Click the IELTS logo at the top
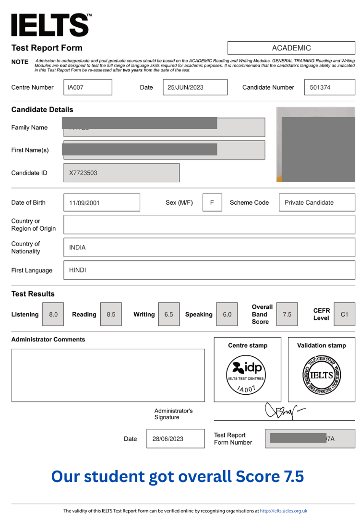(x=50, y=24)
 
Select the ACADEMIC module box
(x=291, y=48)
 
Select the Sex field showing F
(x=212, y=202)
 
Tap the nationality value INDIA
(x=77, y=247)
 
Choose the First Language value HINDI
(x=77, y=270)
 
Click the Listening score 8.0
(x=53, y=315)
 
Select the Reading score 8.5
(x=111, y=315)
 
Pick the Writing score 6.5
(x=168, y=315)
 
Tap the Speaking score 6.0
(x=227, y=315)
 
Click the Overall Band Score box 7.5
(x=287, y=315)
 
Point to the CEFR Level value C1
(x=344, y=315)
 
